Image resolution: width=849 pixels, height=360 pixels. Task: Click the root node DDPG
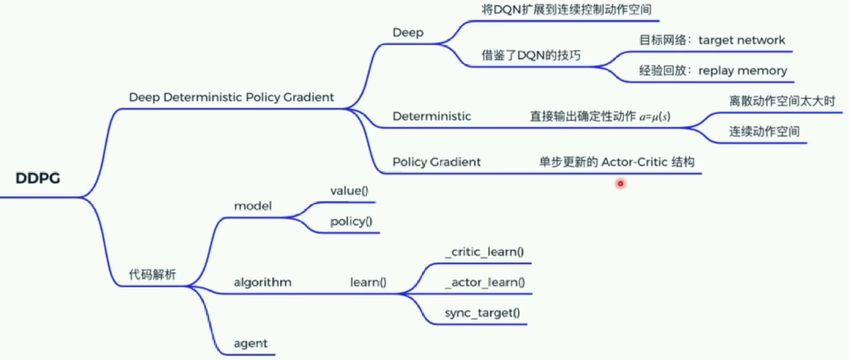(x=38, y=178)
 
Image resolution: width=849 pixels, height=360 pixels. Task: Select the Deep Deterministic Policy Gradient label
(x=231, y=97)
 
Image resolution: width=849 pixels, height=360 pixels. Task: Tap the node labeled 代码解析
(x=152, y=274)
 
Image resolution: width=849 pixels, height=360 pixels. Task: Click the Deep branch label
(x=408, y=33)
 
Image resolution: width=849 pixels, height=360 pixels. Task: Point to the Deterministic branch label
(x=432, y=116)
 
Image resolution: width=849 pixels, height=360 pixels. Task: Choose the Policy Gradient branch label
(x=436, y=162)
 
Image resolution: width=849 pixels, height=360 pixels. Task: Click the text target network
(x=741, y=40)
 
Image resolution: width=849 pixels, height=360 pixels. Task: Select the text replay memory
(x=742, y=71)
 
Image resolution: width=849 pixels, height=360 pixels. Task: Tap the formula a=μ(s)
(x=655, y=117)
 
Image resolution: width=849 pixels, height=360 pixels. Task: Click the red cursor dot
(x=620, y=183)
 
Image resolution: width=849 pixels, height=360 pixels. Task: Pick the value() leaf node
(x=349, y=191)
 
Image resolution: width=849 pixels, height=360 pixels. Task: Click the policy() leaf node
(x=351, y=221)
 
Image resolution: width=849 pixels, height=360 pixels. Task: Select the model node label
(x=253, y=206)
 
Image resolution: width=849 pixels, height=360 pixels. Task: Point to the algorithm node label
(x=262, y=282)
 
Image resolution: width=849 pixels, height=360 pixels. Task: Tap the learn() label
(x=368, y=282)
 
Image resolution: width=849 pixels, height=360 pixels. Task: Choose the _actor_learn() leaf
(x=485, y=282)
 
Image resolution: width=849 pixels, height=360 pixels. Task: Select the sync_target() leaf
(x=482, y=313)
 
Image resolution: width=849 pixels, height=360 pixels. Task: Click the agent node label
(x=251, y=344)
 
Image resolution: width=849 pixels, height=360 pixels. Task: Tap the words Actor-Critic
(x=635, y=162)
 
